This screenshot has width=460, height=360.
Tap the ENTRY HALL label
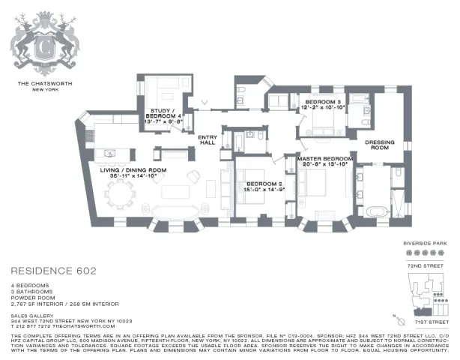208,139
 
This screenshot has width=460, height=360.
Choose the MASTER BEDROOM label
324,159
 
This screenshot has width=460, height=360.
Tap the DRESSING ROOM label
380,144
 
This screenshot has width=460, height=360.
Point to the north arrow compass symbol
397,316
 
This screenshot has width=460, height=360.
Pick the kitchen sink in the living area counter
110,153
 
